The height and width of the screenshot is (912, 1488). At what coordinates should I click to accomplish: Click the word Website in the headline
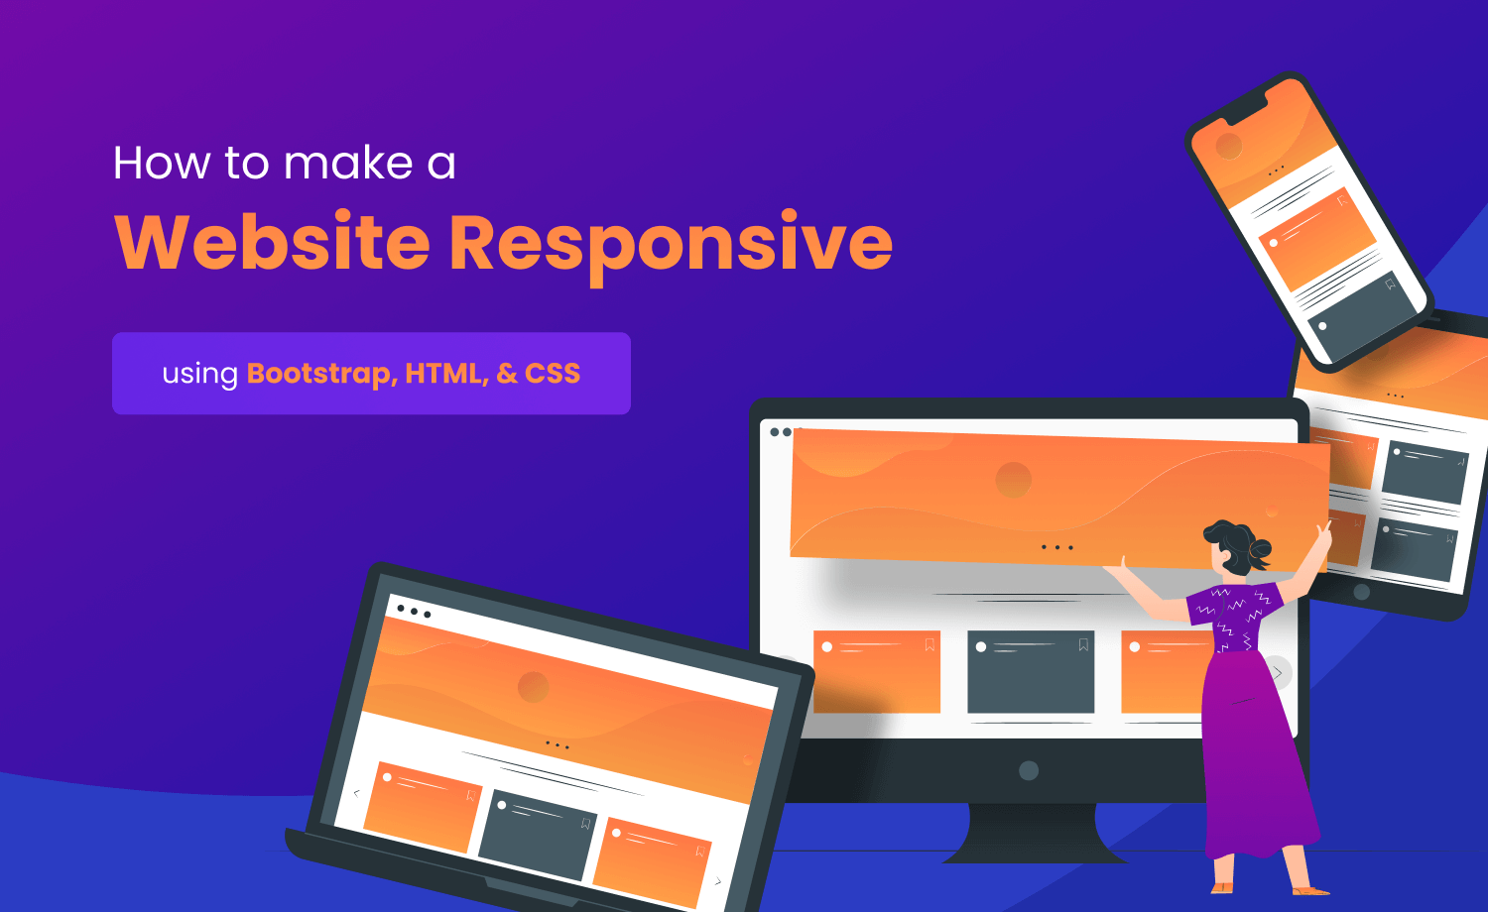[273, 242]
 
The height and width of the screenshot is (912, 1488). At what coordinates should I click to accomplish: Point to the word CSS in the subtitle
[553, 374]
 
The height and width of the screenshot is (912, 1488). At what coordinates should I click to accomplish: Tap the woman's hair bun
[1261, 549]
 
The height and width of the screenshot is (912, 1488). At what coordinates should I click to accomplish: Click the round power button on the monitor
[1029, 770]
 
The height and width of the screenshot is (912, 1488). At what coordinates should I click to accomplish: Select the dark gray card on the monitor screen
[1031, 672]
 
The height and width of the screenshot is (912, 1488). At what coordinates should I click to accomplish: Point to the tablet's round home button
[1361, 593]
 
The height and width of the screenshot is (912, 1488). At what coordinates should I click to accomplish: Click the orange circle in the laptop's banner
[534, 686]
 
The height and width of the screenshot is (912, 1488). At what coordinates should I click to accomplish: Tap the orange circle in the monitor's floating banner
[1013, 481]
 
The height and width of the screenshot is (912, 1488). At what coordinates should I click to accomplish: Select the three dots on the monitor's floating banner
[1056, 547]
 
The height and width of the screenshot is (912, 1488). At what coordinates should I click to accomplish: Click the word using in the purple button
[200, 375]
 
